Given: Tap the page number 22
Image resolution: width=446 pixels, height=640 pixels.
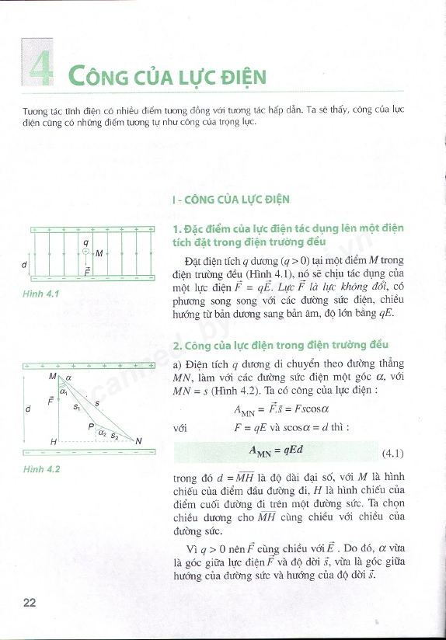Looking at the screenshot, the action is [x=30, y=603].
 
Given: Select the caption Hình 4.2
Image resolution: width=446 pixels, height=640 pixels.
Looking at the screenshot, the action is [x=41, y=469].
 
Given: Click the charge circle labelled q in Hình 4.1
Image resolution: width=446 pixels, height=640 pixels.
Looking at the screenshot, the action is [x=86, y=251].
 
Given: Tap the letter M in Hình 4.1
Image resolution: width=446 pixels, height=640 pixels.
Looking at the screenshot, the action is [x=99, y=253].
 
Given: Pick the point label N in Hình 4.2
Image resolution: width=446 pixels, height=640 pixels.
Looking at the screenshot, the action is [x=139, y=441].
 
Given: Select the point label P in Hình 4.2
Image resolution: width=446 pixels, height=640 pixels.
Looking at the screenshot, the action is [x=90, y=426].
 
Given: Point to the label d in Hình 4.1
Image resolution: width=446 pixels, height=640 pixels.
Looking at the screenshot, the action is [x=25, y=264].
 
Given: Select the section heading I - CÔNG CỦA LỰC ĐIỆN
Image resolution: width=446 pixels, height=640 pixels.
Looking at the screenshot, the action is [x=232, y=200].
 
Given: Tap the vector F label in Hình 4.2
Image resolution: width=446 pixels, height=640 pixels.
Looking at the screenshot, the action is [x=51, y=402].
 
